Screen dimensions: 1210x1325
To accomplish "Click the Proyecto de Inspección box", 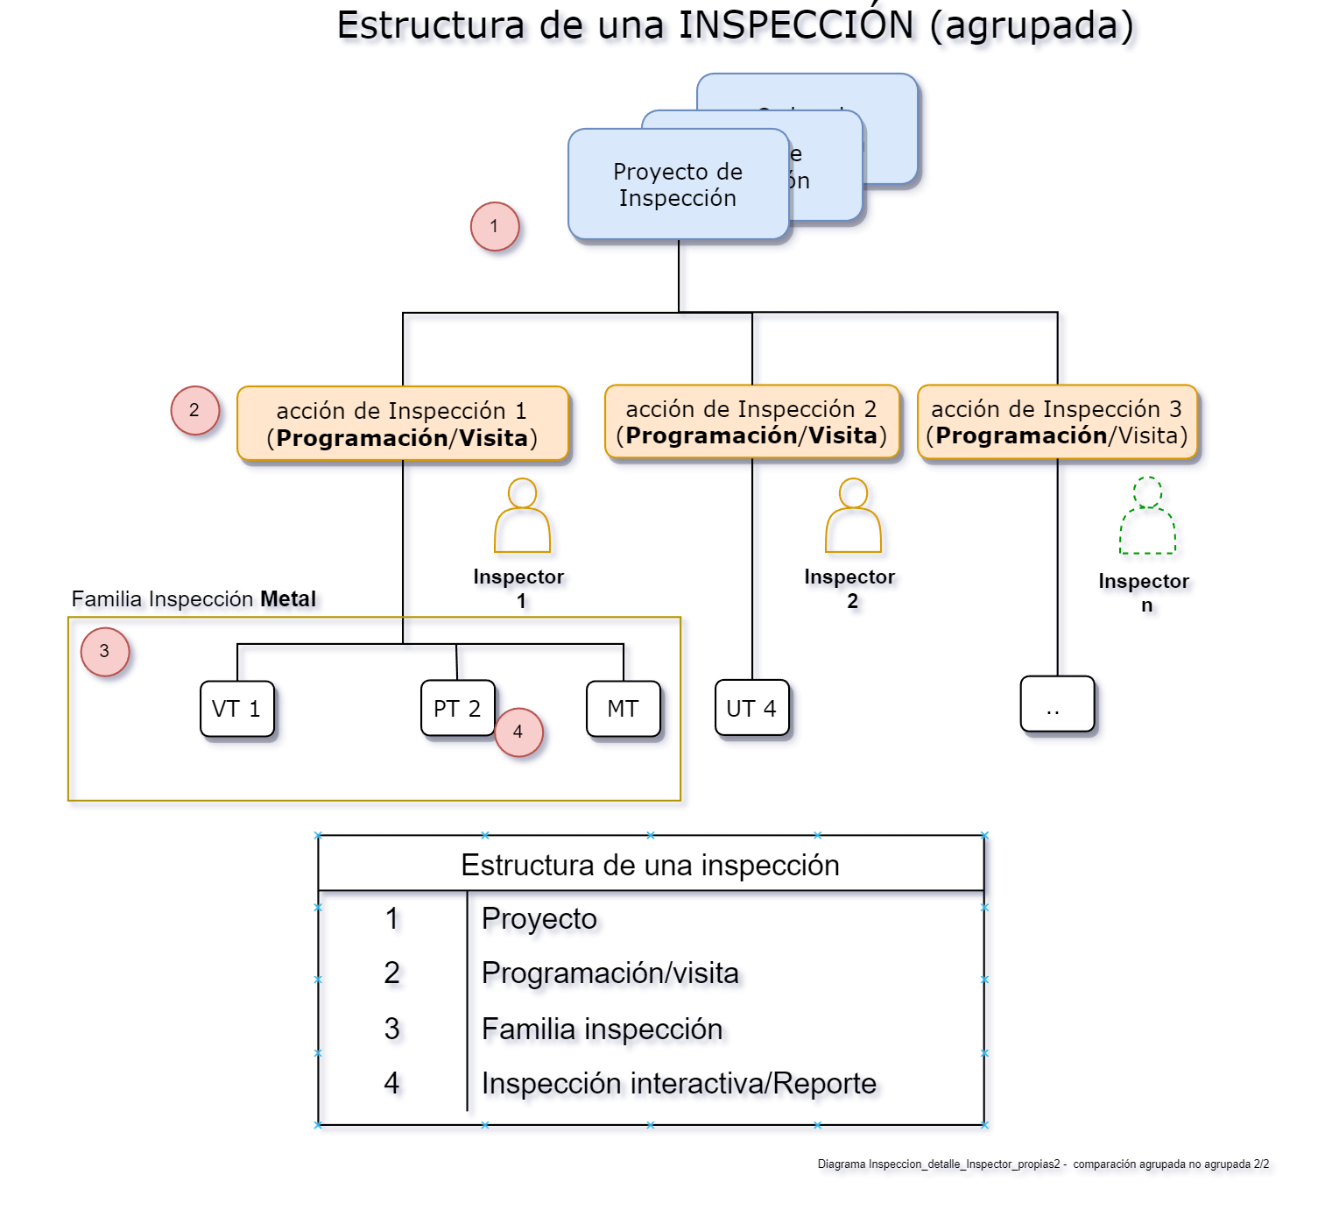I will click(x=678, y=185).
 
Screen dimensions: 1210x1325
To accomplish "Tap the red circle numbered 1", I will click(x=495, y=227).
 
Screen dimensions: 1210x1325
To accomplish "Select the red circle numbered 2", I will click(x=194, y=410).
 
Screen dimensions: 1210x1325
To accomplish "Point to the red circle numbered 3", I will click(x=105, y=652).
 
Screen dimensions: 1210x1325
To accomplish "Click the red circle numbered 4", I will click(x=518, y=732).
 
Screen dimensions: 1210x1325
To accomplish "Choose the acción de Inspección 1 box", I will click(x=402, y=424).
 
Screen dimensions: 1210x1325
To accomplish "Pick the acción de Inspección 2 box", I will click(x=751, y=422).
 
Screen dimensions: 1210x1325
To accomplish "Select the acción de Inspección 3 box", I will click(x=1057, y=422).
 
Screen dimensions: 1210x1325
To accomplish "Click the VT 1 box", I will click(x=236, y=709).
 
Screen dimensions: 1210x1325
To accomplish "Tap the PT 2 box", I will click(x=456, y=709).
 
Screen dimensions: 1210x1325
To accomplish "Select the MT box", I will click(x=623, y=709).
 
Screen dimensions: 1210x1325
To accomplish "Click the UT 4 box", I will click(x=751, y=709).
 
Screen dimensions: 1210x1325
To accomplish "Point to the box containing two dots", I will click(x=1057, y=704).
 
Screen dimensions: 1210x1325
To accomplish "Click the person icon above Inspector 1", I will click(x=522, y=516).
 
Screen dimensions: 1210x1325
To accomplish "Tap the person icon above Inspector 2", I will click(x=853, y=516).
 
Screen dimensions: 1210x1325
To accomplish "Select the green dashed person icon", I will click(x=1147, y=517).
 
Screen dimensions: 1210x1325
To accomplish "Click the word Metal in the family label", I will click(x=288, y=599).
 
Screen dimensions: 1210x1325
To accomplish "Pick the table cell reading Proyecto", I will click(x=539, y=918).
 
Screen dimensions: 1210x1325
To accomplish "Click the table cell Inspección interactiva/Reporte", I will click(x=679, y=1084).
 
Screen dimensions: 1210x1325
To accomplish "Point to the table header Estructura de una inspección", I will click(x=650, y=865).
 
